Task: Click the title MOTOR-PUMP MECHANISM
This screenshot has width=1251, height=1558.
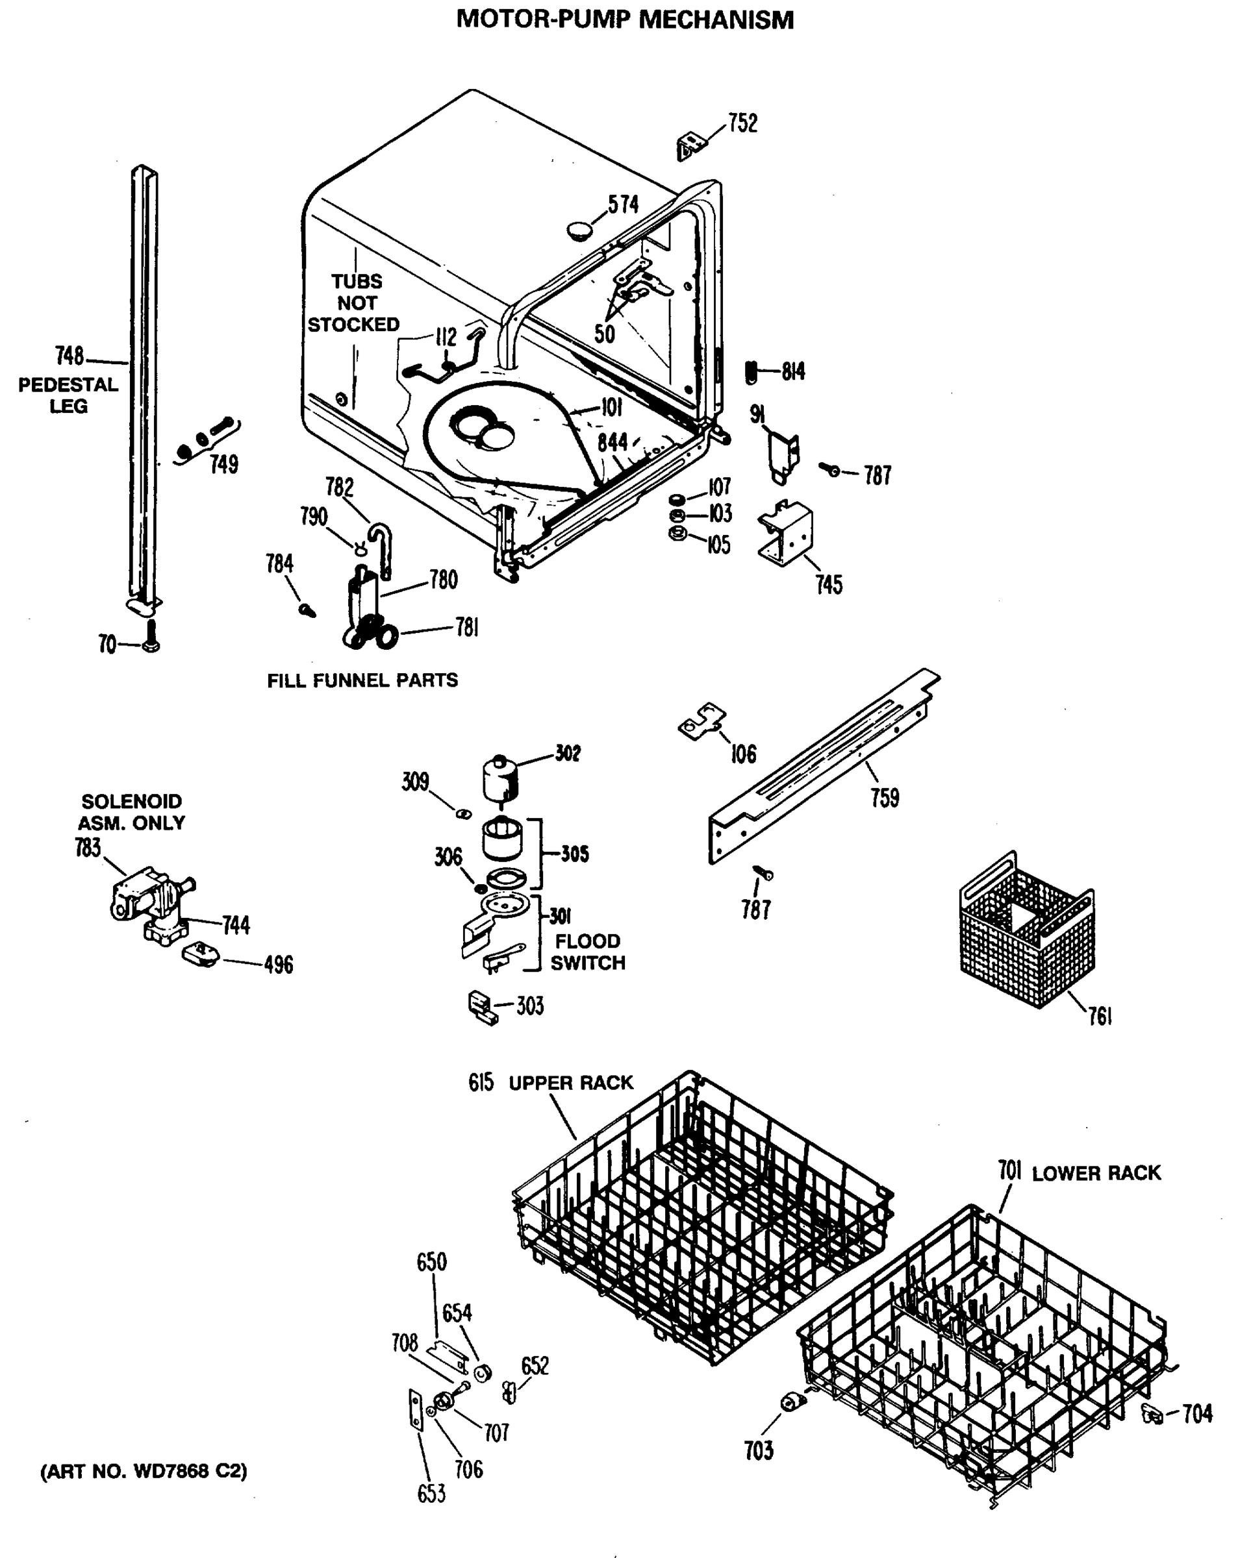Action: click(x=625, y=19)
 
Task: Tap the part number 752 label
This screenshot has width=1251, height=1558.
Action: click(x=742, y=123)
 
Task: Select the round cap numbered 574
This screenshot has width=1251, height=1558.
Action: click(x=579, y=230)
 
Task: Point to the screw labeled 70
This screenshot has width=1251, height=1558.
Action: click(x=151, y=637)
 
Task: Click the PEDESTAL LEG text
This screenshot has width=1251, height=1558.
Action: click(x=68, y=395)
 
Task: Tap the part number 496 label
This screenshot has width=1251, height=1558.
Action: click(x=279, y=965)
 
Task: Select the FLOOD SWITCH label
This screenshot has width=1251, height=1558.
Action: click(x=587, y=952)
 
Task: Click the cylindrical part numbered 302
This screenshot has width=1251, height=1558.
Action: click(x=499, y=778)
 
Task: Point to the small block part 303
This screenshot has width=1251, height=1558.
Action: click(x=481, y=1007)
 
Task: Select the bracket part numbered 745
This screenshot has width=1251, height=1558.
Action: click(x=785, y=534)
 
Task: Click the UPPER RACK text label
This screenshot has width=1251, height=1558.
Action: click(x=570, y=1083)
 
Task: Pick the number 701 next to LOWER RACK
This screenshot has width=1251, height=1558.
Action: click(x=1009, y=1170)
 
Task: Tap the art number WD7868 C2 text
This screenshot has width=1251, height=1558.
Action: click(x=143, y=1471)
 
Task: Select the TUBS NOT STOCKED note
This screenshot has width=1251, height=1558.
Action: click(x=355, y=303)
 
